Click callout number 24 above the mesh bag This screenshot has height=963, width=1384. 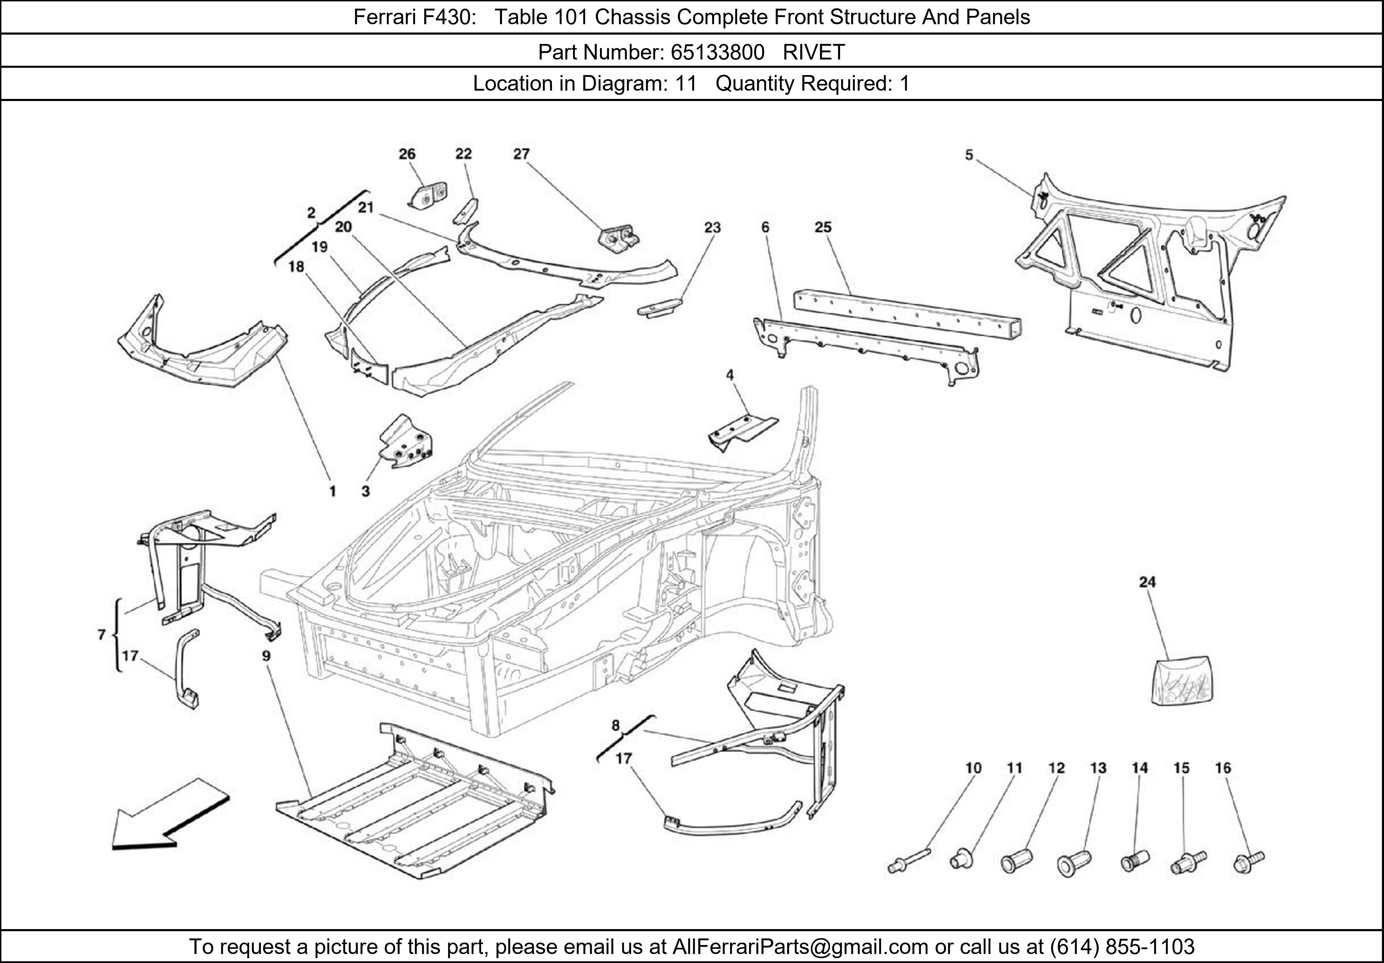click(x=1147, y=582)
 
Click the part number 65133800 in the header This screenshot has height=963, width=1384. click(x=717, y=53)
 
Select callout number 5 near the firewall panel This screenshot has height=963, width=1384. click(x=969, y=155)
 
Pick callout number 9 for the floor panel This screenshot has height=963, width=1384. click(x=266, y=655)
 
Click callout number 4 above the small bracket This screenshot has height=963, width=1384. click(x=730, y=375)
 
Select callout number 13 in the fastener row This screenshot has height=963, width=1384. click(x=1098, y=768)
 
